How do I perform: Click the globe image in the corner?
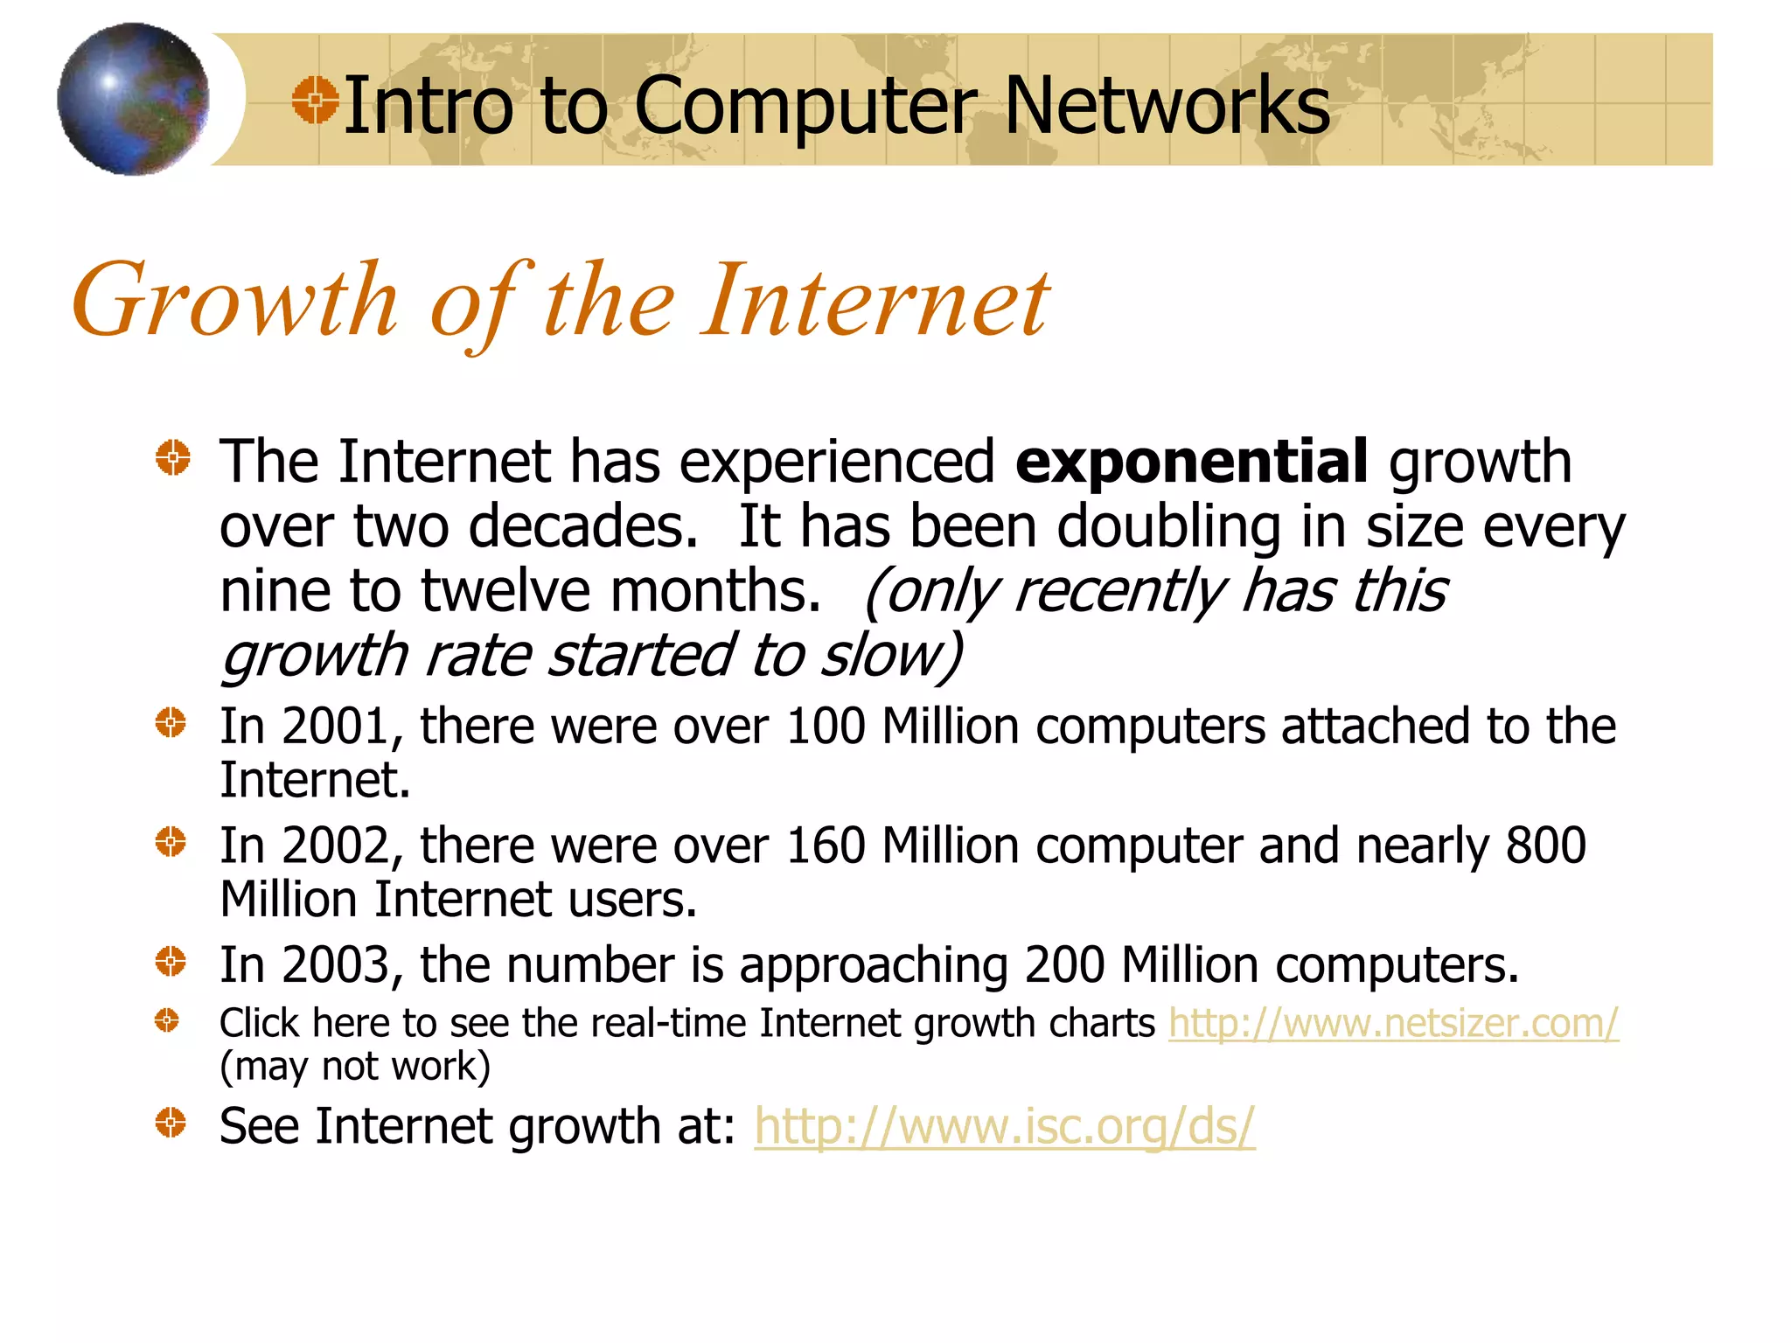click(133, 99)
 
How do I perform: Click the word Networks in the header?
click(1167, 106)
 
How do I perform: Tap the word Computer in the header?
click(805, 106)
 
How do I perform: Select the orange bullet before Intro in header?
click(315, 100)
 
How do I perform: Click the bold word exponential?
click(1191, 462)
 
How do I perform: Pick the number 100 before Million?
click(826, 727)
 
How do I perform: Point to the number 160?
click(826, 846)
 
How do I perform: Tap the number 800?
click(1545, 846)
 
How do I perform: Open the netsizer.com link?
click(1393, 1023)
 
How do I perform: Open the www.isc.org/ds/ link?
click(1004, 1126)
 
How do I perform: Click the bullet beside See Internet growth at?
click(171, 1123)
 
